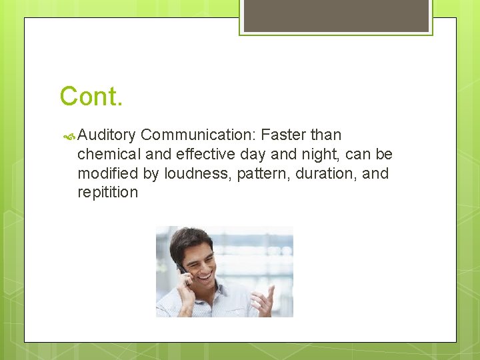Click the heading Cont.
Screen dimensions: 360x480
pos(91,97)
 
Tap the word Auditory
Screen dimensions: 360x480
pos(107,135)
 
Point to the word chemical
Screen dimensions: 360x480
pos(109,155)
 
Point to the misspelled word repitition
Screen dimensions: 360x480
pos(107,193)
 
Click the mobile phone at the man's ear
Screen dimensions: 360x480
pos(181,268)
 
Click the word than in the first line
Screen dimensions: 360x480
pos(326,135)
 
